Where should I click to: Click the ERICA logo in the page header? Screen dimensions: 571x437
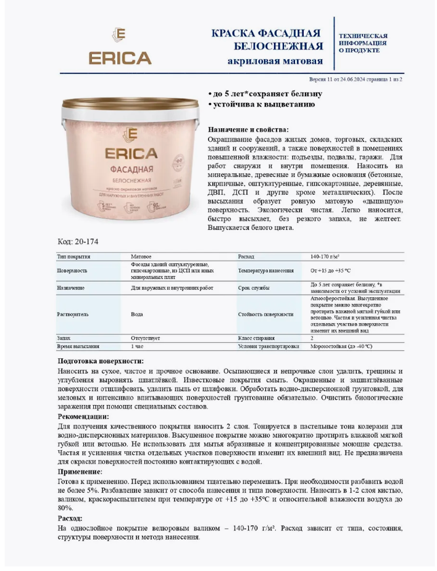120,47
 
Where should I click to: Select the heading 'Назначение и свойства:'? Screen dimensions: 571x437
248,129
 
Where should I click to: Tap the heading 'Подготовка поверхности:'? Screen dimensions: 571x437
101,361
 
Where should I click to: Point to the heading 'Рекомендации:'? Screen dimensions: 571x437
83,417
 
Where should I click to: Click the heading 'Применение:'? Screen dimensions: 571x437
80,471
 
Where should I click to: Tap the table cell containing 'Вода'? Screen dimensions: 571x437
137,314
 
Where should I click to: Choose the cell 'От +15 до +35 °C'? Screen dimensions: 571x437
331,270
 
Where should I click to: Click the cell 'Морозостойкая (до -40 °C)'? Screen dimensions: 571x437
341,347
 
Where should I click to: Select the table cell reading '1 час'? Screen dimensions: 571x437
138,347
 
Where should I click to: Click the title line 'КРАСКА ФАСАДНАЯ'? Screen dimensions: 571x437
266,33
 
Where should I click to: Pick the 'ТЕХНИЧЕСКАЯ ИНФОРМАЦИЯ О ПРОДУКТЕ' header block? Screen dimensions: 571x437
363,43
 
